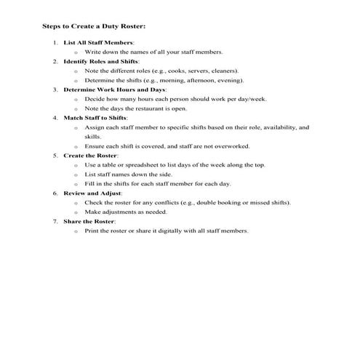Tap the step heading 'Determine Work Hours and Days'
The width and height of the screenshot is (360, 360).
click(x=111, y=89)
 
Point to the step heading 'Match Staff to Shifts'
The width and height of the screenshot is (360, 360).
click(x=95, y=116)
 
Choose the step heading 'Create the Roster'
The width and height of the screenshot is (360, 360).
click(x=91, y=156)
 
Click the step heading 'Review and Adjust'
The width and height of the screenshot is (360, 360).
click(x=92, y=193)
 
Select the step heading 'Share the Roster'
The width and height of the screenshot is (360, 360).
click(x=89, y=221)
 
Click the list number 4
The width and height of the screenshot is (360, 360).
click(x=55, y=116)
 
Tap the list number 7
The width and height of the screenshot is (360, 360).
click(x=55, y=221)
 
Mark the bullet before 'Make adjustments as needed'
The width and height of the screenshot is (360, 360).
click(x=76, y=212)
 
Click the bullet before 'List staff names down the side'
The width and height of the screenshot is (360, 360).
click(x=76, y=175)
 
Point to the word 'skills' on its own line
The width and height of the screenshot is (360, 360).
click(x=92, y=136)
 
